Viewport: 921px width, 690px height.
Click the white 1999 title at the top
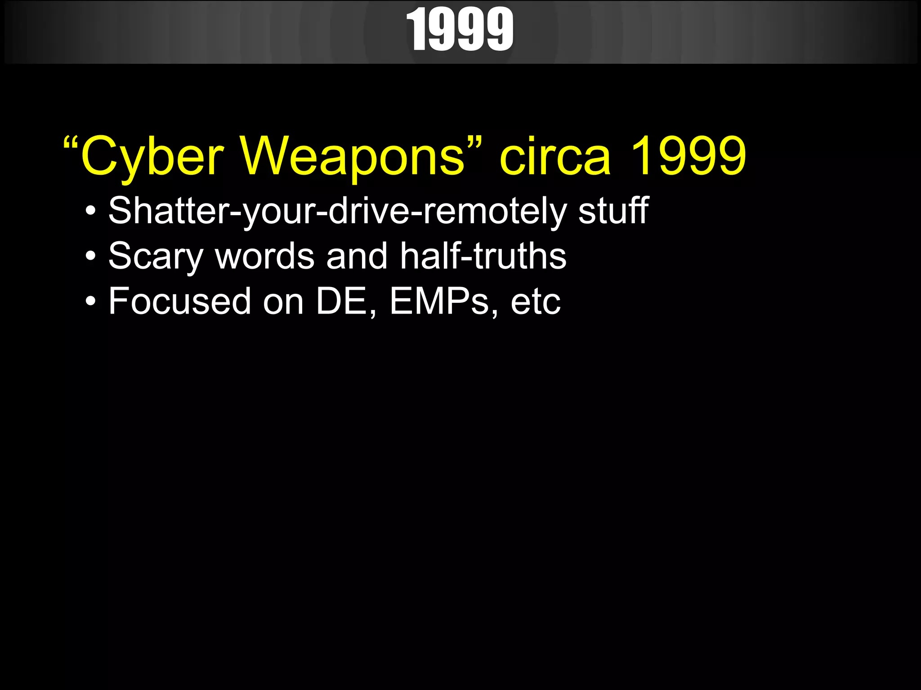pyautogui.click(x=460, y=30)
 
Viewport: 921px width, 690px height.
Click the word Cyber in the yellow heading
pyautogui.click(x=152, y=157)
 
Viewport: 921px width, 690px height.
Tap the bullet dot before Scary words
pyautogui.click(x=91, y=257)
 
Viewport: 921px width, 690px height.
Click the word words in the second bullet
pyautogui.click(x=265, y=257)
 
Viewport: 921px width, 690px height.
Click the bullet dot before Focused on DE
pyautogui.click(x=91, y=302)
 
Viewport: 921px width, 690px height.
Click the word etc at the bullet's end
pyautogui.click(x=536, y=302)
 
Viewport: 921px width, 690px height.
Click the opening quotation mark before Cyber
pyautogui.click(x=71, y=144)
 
